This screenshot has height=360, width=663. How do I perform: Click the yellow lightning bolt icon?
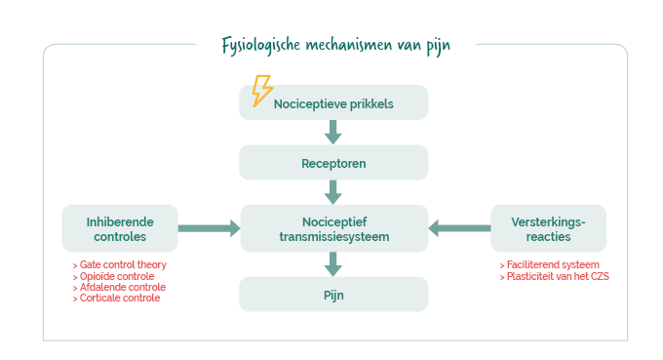pyautogui.click(x=262, y=91)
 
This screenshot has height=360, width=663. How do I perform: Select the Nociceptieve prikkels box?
pyautogui.click(x=333, y=102)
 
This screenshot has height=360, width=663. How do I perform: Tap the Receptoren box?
pyautogui.click(x=333, y=163)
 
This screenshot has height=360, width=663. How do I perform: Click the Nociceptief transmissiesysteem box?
pyautogui.click(x=334, y=228)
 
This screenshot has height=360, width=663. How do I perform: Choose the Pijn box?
pyautogui.click(x=333, y=294)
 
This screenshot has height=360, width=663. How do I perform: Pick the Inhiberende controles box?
pyautogui.click(x=120, y=228)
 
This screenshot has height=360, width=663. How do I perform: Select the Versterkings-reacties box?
pyautogui.click(x=548, y=228)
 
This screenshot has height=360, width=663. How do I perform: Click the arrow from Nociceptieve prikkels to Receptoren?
pyautogui.click(x=333, y=132)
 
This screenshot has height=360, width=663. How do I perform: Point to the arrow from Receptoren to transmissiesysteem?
pyautogui.click(x=333, y=192)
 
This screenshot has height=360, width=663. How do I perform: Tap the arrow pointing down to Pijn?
pyautogui.click(x=333, y=264)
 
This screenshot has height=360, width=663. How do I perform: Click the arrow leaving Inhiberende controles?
pyautogui.click(x=210, y=228)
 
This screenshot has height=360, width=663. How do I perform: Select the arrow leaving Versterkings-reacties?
pyautogui.click(x=459, y=228)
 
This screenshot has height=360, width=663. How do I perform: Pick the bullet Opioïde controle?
pyautogui.click(x=114, y=276)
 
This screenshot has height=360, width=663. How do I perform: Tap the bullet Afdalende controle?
pyautogui.click(x=119, y=287)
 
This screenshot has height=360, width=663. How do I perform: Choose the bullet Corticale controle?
pyautogui.click(x=117, y=298)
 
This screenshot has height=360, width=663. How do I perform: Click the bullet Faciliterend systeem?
pyautogui.click(x=550, y=264)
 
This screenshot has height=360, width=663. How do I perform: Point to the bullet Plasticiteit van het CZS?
pyautogui.click(x=555, y=276)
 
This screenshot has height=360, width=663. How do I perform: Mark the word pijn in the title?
pyautogui.click(x=439, y=47)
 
